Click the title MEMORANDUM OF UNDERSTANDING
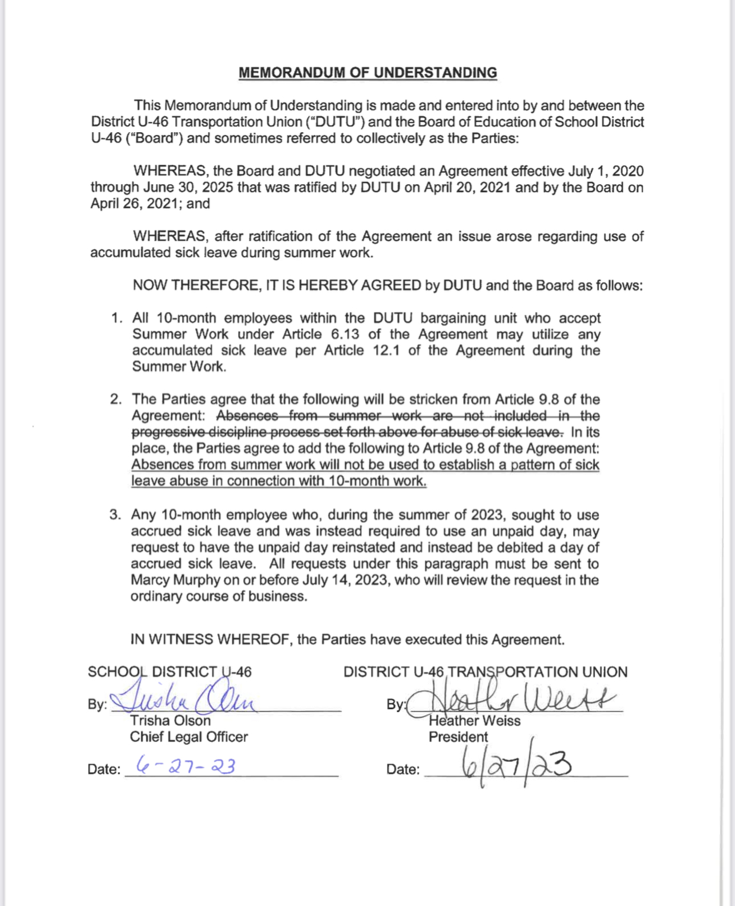point(367,73)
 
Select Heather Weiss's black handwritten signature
point(509,699)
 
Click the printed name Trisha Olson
point(170,721)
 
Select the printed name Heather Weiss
point(475,721)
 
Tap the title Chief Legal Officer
point(189,737)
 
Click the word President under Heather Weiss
point(459,737)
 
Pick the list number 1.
point(116,318)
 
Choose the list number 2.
point(116,399)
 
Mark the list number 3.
point(115,515)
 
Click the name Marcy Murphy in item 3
point(175,580)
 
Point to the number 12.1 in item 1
point(386,350)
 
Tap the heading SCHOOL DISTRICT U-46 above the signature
point(169,672)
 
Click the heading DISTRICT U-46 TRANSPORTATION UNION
point(485,672)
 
